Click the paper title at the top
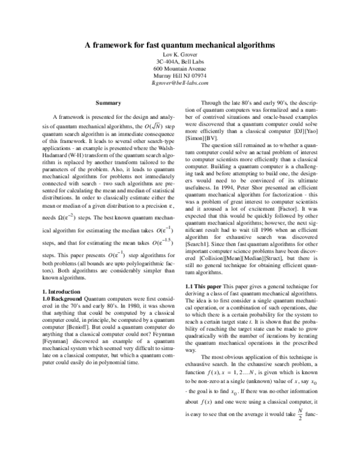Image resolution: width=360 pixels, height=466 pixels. coord(180,46)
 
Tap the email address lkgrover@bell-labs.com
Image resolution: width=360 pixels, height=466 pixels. coord(180,85)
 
